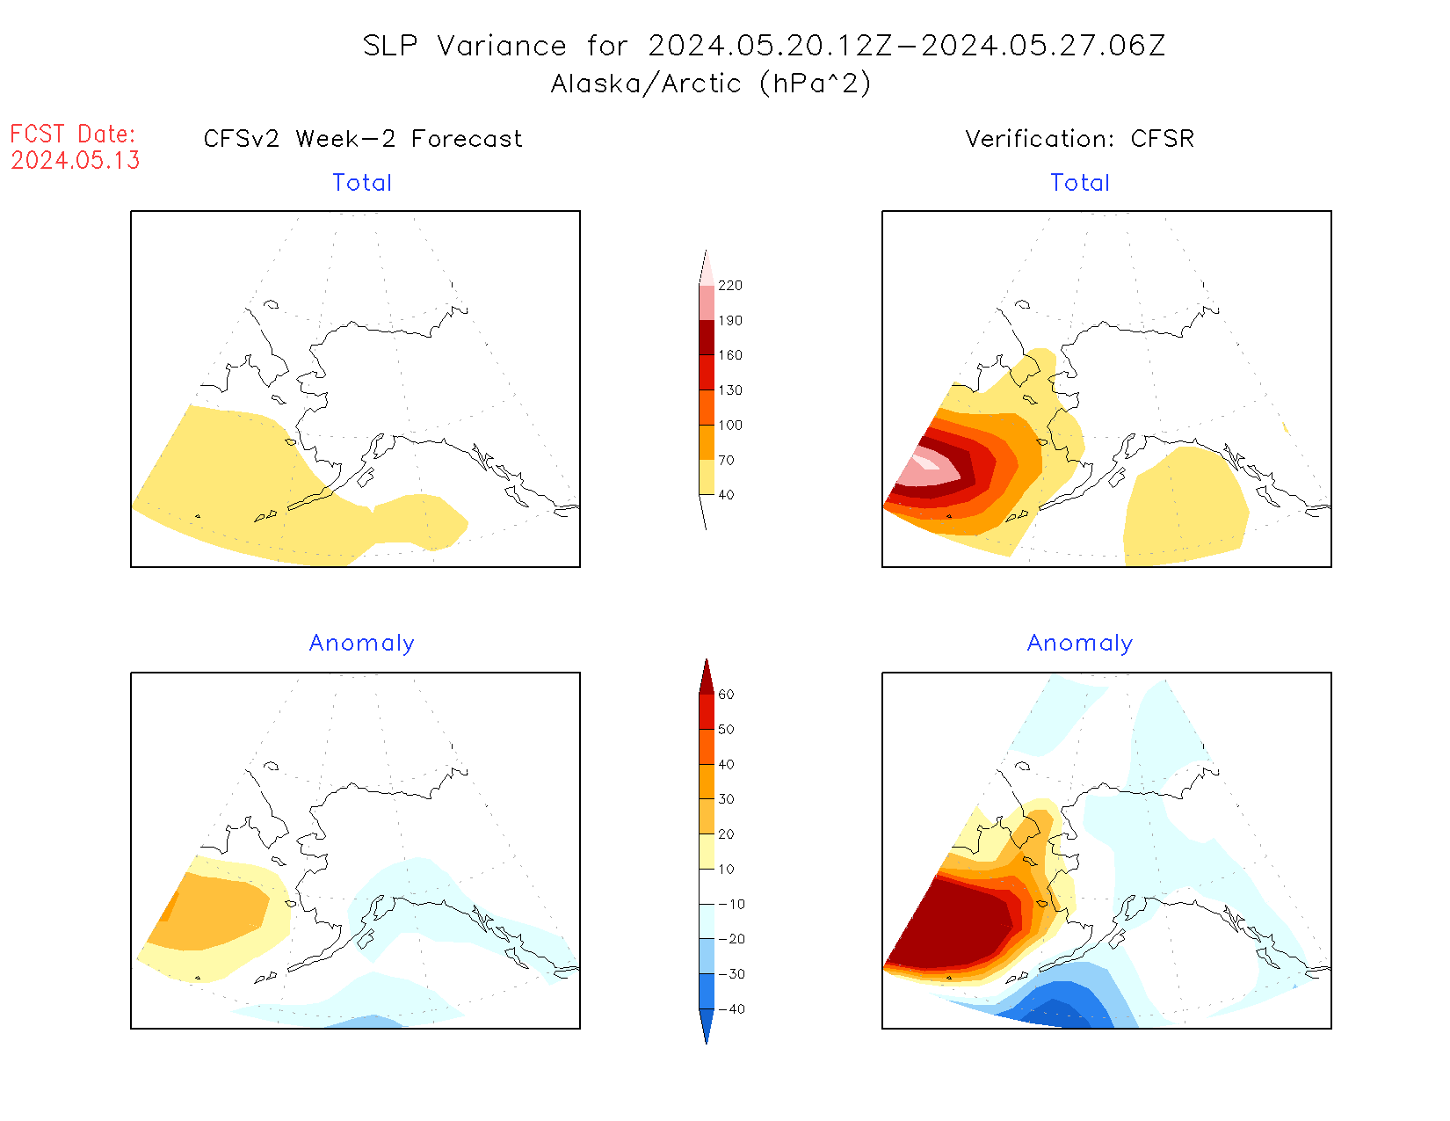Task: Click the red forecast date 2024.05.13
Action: (x=76, y=160)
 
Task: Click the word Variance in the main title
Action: (x=502, y=46)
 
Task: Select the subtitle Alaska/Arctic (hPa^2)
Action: (x=711, y=84)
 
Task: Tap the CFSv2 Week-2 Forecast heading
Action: (x=363, y=139)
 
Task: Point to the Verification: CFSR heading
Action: (x=1079, y=139)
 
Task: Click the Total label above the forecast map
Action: (x=362, y=183)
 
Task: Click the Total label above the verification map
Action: (x=1080, y=183)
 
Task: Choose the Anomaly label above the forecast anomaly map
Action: (x=362, y=644)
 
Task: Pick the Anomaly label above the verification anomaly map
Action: (x=1080, y=644)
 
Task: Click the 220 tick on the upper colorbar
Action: (x=729, y=286)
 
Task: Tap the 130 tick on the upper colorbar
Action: (x=729, y=390)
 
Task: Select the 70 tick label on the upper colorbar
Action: (x=726, y=460)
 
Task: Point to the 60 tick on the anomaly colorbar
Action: (x=726, y=695)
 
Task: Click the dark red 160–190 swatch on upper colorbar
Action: (x=707, y=338)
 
